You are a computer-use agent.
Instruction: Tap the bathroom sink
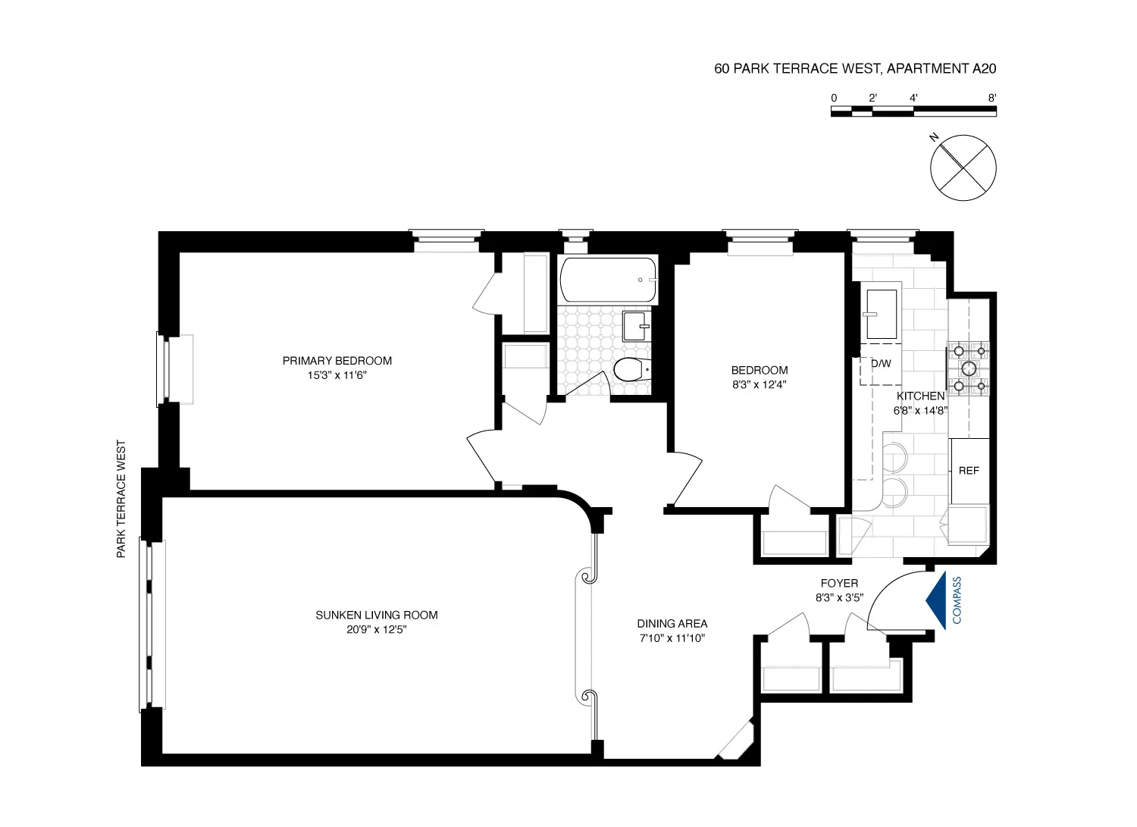[636, 326]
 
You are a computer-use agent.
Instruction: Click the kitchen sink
[882, 314]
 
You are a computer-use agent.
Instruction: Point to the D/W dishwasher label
[881, 363]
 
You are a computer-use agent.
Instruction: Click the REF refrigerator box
[969, 471]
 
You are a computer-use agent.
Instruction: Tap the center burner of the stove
[969, 368]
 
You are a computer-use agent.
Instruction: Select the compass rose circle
[963, 168]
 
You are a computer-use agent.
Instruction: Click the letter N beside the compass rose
[935, 137]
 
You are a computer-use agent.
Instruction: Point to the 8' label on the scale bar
[991, 98]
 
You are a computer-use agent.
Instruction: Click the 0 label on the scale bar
[834, 98]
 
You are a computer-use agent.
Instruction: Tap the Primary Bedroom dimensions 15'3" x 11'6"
[337, 374]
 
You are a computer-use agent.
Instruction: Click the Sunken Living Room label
[376, 615]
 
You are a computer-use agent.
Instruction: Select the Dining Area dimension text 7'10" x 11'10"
[672, 637]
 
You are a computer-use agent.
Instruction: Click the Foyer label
[839, 583]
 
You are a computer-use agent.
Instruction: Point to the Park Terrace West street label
[121, 500]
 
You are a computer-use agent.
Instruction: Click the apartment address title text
[854, 68]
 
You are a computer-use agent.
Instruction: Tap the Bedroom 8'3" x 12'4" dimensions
[759, 384]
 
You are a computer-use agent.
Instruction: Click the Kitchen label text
[920, 396]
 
